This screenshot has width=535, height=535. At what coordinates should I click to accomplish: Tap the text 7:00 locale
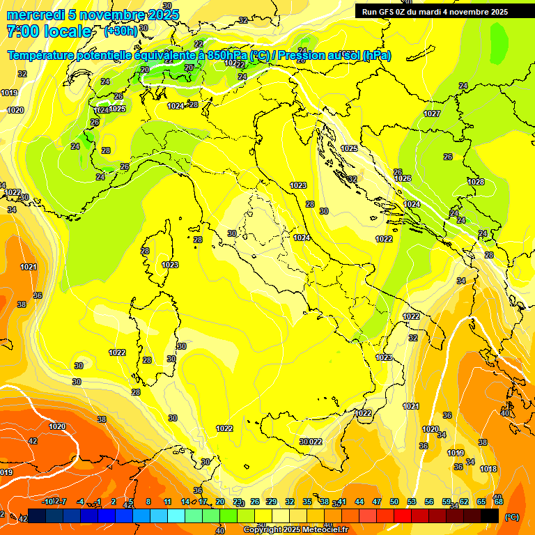pos(49,31)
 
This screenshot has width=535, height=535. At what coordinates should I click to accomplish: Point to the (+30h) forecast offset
pos(121,31)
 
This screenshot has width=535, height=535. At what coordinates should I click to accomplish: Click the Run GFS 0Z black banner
pos(435,11)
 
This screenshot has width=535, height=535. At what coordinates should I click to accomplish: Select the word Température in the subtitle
pos(43,55)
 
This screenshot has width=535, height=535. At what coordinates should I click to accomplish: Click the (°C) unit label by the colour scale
pos(511,517)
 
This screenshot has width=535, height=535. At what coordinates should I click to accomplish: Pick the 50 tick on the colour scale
pos(394,502)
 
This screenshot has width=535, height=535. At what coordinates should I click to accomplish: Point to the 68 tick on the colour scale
pos(499,502)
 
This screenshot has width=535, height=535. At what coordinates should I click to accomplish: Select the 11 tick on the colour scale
pos(167,502)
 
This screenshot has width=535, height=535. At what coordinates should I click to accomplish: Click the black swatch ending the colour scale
pos(490,515)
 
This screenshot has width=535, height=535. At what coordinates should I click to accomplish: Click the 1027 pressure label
pos(432,114)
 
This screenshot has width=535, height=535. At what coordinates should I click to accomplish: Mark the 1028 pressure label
pos(476,182)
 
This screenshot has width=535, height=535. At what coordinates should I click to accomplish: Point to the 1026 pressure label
pos(403,179)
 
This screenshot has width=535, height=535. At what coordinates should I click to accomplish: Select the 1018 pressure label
pos(488,469)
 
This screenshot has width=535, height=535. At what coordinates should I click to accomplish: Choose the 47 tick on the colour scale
pos(377,502)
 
